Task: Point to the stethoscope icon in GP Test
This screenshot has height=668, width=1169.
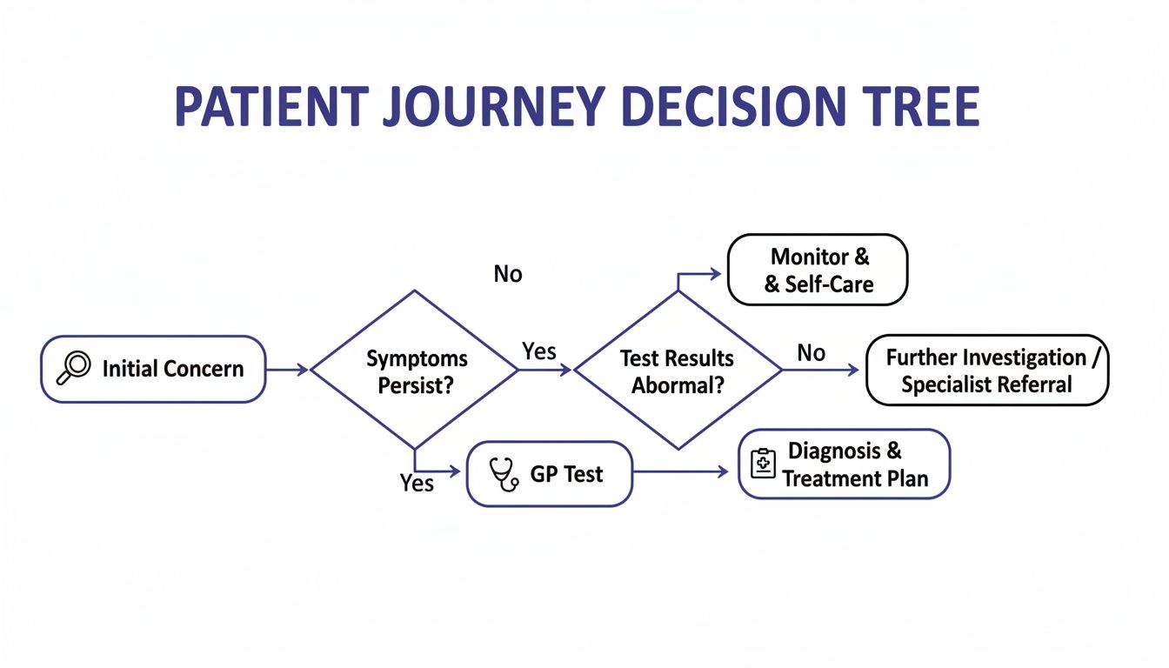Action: [x=504, y=475]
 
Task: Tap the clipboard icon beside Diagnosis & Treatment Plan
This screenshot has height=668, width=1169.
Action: [x=763, y=464]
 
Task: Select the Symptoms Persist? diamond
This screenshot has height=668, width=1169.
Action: [x=415, y=371]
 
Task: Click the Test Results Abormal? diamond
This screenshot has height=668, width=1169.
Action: [x=678, y=371]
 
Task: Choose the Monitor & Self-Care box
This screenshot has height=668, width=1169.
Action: [x=818, y=270]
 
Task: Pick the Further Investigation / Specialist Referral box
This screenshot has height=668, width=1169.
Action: [x=986, y=371]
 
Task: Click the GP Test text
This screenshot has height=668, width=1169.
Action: [x=566, y=475]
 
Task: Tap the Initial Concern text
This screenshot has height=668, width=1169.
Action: [x=173, y=369]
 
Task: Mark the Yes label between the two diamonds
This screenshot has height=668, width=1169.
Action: [x=539, y=351]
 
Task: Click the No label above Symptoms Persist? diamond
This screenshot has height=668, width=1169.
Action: [x=508, y=274]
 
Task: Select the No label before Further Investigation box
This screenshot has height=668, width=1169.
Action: [x=811, y=352]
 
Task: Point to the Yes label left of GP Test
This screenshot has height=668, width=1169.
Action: [x=417, y=483]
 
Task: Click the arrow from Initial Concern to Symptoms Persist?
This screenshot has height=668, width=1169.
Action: [x=287, y=370]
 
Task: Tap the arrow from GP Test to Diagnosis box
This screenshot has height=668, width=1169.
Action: [x=680, y=471]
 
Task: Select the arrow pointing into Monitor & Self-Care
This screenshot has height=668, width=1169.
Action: [x=700, y=274]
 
